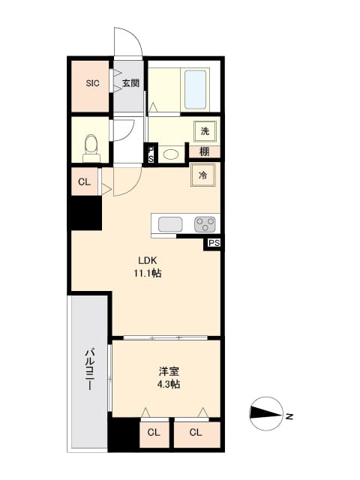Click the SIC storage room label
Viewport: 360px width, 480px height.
coord(92,83)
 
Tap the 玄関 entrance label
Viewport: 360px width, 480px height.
coord(130,83)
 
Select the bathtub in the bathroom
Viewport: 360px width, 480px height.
coord(195,89)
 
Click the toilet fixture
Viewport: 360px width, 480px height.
coord(91,148)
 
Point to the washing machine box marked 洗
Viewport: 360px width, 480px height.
coord(205,131)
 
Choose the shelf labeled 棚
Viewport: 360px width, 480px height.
coord(205,151)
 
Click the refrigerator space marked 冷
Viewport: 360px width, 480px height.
coord(203,175)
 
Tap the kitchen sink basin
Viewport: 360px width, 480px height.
coord(170,224)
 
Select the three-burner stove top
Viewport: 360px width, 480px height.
coord(205,224)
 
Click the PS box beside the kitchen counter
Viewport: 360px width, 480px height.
coord(214,243)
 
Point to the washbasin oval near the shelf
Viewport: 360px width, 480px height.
coord(172,154)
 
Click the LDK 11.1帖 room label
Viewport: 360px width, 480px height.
coord(148,267)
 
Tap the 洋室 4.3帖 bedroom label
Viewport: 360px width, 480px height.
coord(169,378)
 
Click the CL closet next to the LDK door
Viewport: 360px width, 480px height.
coord(85,181)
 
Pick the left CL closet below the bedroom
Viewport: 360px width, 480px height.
coord(154,433)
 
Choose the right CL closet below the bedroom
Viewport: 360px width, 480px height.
coord(196,432)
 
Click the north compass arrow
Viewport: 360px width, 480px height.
coord(266,413)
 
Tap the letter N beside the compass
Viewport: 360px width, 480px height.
coord(289,416)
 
